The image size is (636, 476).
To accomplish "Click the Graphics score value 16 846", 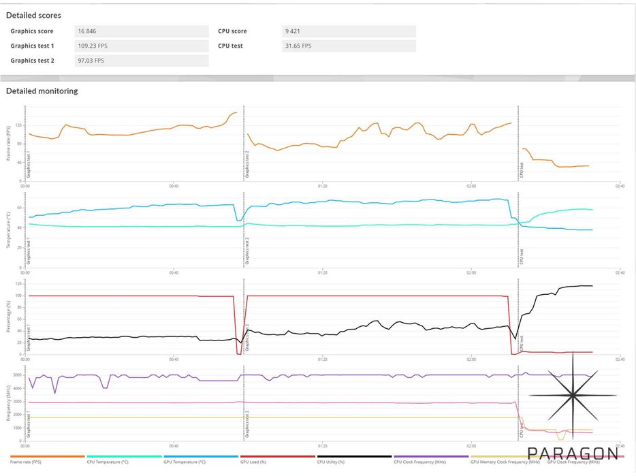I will tap(88, 31).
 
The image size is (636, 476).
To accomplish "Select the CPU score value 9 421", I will tap(291, 31).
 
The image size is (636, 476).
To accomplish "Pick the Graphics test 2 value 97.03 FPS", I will tap(91, 61).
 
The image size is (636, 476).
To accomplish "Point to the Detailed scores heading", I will tap(33, 15).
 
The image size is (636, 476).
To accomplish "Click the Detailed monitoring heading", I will tap(42, 91).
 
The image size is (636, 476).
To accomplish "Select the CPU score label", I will tap(232, 31).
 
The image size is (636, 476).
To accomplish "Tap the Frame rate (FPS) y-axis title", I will tap(9, 144).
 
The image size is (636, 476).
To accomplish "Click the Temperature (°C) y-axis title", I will tap(9, 229).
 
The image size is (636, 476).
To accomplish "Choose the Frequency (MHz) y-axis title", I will tap(9, 403).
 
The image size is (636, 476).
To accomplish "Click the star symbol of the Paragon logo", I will tap(573, 396).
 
